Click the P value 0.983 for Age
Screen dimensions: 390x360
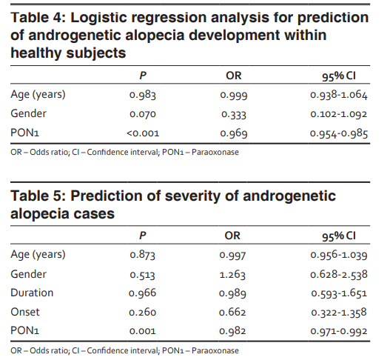143,95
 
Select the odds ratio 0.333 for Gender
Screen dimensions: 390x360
234,114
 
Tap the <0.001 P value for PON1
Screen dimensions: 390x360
143,133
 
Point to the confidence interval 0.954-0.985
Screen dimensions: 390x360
339,133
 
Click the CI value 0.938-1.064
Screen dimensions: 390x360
339,95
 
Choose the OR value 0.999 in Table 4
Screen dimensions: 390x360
234,95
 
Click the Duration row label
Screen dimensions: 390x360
32,293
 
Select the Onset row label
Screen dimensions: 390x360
25,312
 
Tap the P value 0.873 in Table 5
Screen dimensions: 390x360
143,255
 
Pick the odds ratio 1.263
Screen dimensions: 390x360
232,275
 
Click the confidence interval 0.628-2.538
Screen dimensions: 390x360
339,274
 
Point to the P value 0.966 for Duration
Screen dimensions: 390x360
142,293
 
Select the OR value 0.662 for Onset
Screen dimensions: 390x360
232,312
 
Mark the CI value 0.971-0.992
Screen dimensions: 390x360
339,331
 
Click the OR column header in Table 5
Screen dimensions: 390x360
232,236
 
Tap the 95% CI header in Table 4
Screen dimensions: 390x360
339,76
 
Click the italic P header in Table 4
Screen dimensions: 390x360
143,76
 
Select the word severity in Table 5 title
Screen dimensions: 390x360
192,196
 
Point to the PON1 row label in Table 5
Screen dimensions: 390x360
25,330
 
